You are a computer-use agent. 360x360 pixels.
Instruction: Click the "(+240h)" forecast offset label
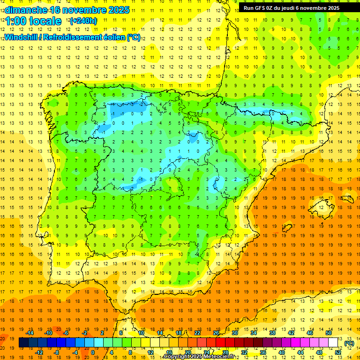83,21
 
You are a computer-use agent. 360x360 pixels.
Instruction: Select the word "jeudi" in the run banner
293,8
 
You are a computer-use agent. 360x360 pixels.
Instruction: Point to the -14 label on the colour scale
30,333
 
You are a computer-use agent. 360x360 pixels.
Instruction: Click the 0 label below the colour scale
93,352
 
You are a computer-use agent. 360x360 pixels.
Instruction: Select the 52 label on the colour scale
338,352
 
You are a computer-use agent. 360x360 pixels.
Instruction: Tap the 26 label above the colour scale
216,333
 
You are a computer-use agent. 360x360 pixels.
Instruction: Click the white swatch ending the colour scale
333,343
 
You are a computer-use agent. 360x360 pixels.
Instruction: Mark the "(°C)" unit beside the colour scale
349,343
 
